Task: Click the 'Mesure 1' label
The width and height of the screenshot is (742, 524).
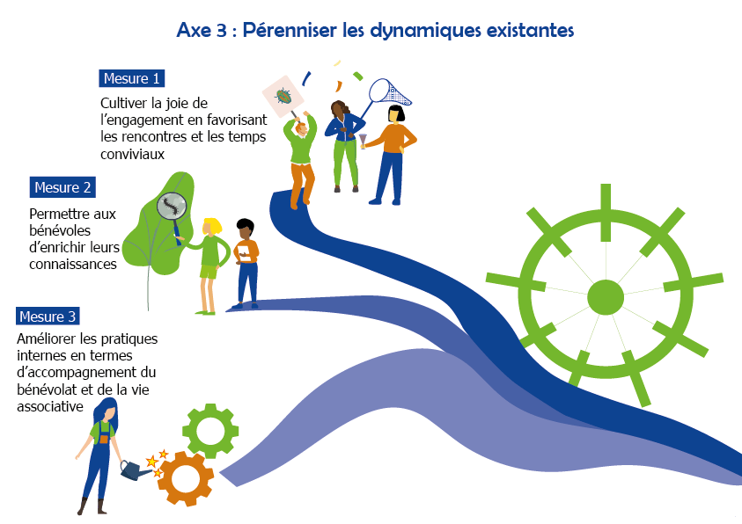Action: tap(132, 78)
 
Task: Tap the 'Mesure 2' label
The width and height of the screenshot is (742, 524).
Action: tap(62, 187)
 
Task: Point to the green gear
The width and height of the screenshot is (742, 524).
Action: tap(209, 431)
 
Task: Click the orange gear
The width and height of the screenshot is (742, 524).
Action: tap(185, 477)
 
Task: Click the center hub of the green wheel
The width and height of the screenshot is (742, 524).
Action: tap(605, 296)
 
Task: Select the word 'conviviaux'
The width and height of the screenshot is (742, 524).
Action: tap(133, 153)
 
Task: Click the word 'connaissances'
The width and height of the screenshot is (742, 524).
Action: tap(73, 264)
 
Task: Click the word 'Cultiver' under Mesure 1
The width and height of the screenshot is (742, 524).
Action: tap(125, 103)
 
